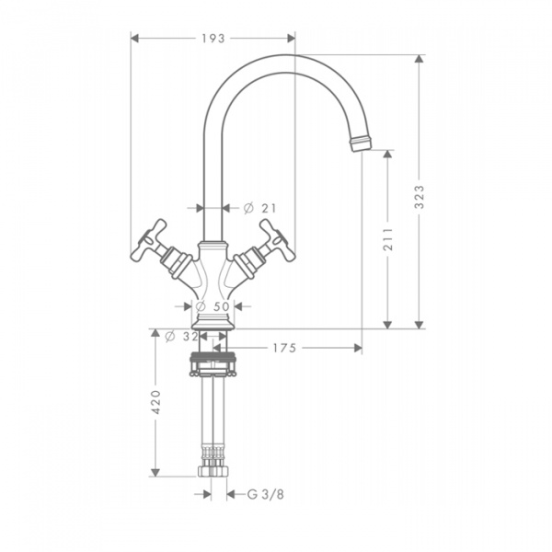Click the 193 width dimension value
pos(213,39)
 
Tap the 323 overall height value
pos(419,197)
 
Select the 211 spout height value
pos(387,239)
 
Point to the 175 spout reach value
pos(284,348)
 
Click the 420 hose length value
pos(155,402)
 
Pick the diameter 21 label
pos(260,209)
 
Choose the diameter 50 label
pos(213,306)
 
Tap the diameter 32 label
pos(181,337)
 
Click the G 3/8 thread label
pos(266,495)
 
